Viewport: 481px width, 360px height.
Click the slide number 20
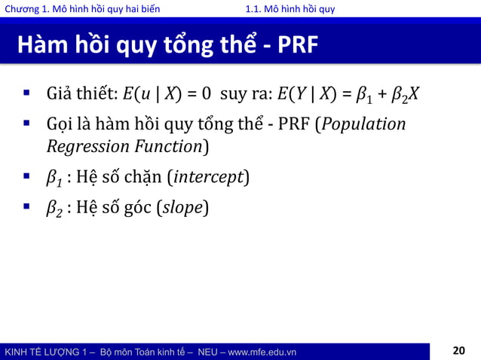(459, 350)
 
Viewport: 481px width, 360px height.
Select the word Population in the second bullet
(365, 124)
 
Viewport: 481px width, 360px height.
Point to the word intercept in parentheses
(210, 178)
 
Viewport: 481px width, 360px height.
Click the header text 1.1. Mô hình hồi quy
(290, 9)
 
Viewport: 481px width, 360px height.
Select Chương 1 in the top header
(27, 9)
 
